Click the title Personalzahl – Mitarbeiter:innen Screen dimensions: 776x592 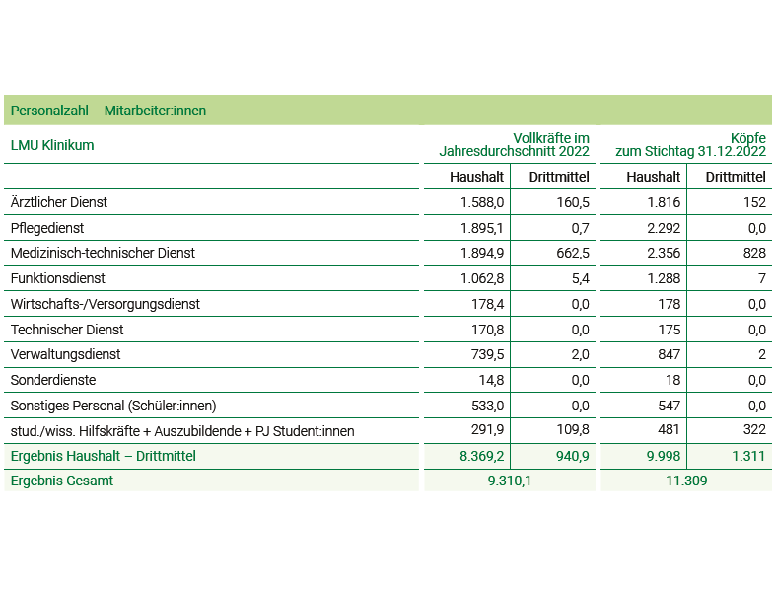[108, 111]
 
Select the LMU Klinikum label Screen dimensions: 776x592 [52, 145]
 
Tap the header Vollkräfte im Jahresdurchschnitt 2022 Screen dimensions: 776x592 [514, 145]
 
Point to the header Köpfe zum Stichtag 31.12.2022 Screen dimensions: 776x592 [691, 145]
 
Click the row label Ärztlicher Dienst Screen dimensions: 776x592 [59, 202]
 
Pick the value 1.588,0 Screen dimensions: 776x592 [482, 202]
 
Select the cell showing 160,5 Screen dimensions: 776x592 [573, 202]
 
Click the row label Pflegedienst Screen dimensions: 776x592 [47, 228]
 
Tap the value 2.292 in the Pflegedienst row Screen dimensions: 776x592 [664, 228]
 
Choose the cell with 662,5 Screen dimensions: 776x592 [573, 254]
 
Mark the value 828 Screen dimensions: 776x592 [754, 254]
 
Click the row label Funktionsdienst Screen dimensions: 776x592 [58, 278]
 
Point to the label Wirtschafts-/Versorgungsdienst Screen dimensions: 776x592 [106, 304]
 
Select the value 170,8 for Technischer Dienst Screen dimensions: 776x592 [487, 330]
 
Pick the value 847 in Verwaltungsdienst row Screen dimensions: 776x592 [670, 354]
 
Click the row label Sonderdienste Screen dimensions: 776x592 [53, 380]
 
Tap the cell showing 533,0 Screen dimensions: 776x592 [487, 407]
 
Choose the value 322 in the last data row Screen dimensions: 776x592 [754, 429]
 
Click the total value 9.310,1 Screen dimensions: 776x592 [509, 481]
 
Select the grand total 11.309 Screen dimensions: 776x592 [686, 481]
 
